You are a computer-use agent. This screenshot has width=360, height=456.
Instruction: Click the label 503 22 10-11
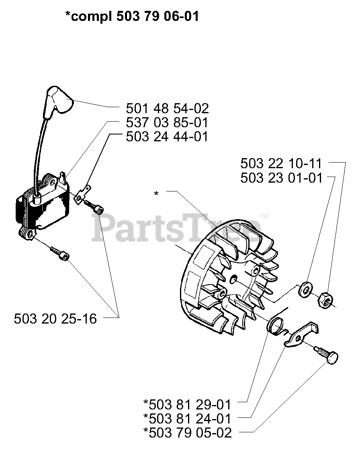[x=281, y=163]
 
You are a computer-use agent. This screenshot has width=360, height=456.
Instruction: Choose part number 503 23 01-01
[x=281, y=177]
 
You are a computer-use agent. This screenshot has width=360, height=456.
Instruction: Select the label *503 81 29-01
[x=187, y=403]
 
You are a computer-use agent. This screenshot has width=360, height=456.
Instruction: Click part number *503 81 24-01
[x=187, y=418]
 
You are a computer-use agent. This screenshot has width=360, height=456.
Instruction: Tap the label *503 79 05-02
[x=187, y=433]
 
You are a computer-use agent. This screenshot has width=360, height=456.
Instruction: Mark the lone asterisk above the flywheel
[x=156, y=194]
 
